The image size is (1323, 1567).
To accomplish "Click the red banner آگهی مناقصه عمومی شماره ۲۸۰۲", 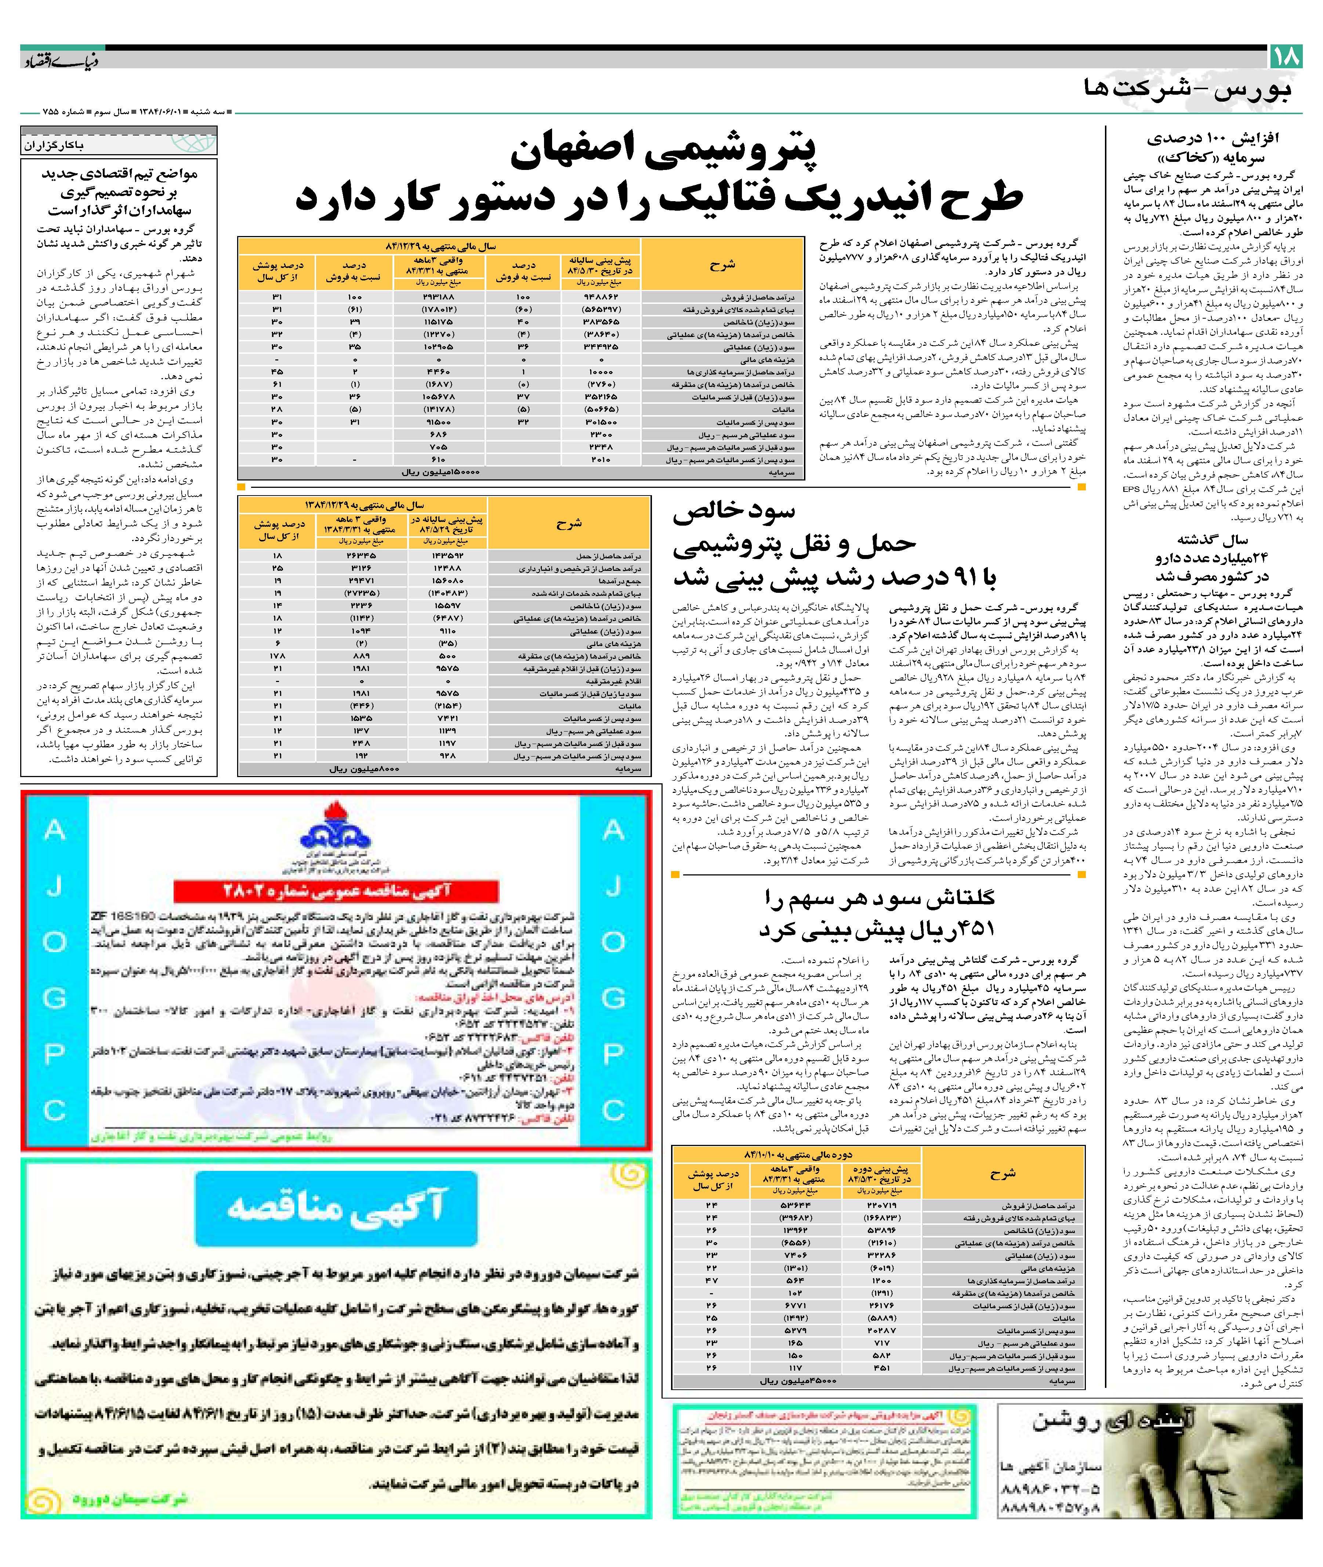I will click(x=336, y=891).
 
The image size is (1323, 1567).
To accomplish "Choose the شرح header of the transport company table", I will click(x=569, y=523).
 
